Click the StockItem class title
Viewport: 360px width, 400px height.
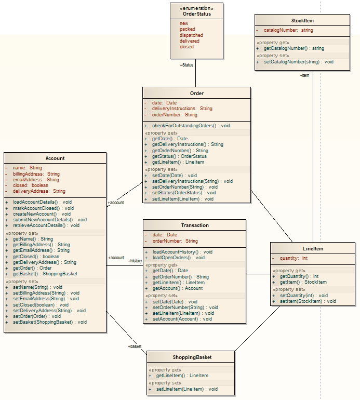pos(302,21)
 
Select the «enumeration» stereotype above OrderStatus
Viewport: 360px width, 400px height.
pos(196,9)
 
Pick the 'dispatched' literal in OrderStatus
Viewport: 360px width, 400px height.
pos(191,35)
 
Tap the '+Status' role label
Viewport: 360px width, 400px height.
pos(186,65)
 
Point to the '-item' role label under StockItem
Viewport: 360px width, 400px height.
pos(304,75)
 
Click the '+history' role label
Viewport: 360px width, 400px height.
pos(135,261)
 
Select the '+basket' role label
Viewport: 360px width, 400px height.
pos(135,346)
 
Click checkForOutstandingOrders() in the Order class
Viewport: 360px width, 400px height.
pos(191,126)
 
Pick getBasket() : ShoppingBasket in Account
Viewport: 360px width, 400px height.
pos(45,274)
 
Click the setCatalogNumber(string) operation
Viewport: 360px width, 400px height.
pos(298,62)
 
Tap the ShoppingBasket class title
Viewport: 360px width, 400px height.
pos(192,357)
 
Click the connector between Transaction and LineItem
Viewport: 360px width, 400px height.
pos(258,274)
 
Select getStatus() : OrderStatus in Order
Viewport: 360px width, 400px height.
pos(179,156)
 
